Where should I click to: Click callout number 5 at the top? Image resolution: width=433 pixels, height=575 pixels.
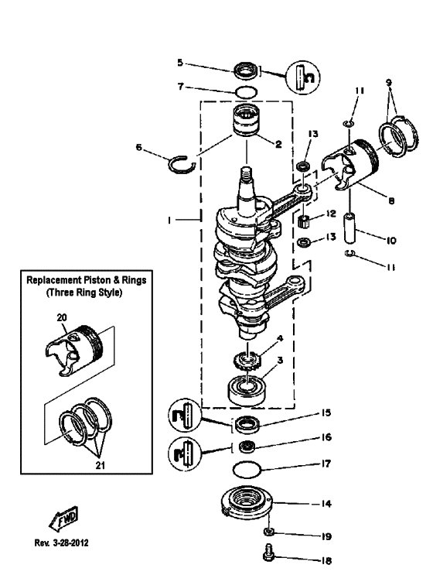179,62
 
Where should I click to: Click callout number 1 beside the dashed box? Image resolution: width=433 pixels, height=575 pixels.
169,221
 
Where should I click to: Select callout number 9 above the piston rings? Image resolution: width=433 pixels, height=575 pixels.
389,81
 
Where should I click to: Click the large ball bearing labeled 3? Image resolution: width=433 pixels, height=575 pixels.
245,387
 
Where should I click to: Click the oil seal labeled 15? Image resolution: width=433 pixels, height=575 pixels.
247,423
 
